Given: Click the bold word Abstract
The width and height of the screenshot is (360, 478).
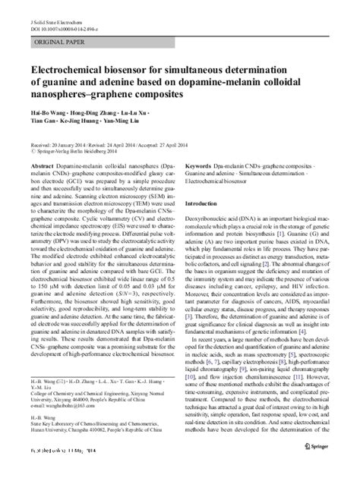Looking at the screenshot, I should pyautogui.click(x=42, y=164).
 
